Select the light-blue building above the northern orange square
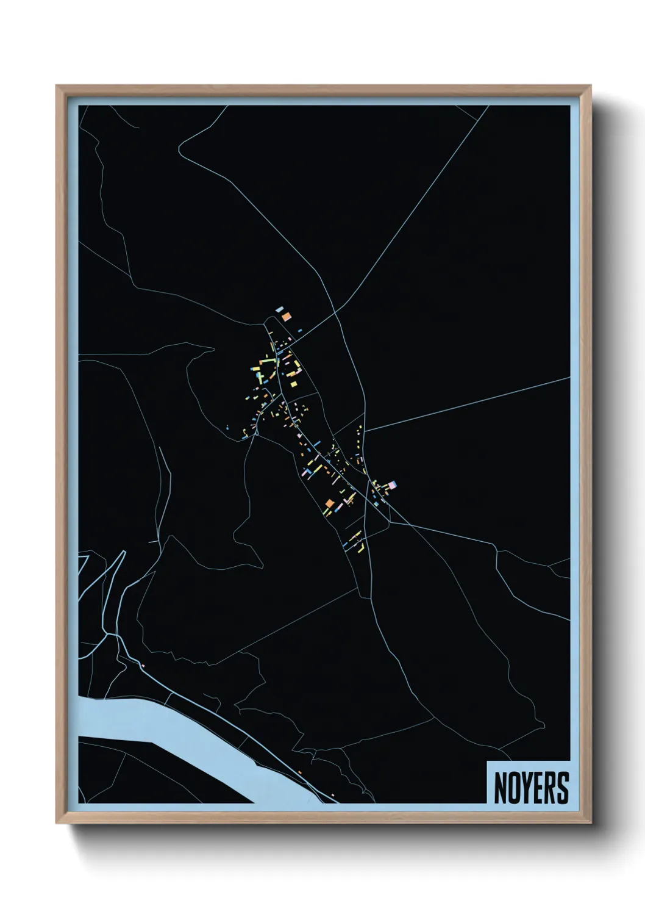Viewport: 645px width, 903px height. click(279, 310)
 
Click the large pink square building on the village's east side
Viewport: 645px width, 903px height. click(392, 485)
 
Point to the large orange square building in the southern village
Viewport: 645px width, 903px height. click(330, 503)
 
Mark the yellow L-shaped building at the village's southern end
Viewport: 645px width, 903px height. click(359, 547)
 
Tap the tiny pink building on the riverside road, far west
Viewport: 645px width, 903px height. click(142, 664)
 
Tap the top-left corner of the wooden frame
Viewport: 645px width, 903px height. click(57, 86)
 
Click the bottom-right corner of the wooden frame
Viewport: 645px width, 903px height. click(592, 824)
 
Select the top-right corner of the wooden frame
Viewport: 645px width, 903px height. click(591, 86)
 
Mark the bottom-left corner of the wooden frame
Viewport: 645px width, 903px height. click(57, 824)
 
